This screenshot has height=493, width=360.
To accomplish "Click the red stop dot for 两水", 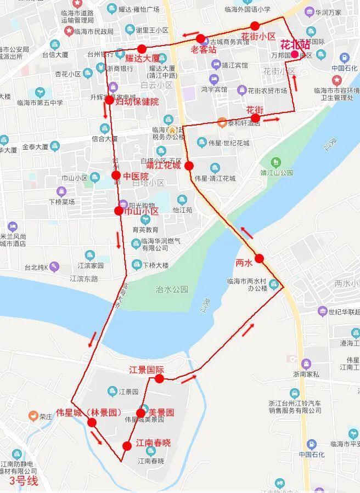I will click(259, 258).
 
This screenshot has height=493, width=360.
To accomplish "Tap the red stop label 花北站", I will click(295, 44).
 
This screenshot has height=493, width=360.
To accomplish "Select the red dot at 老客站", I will click(200, 39).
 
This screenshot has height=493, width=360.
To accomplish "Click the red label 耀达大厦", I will click(142, 58).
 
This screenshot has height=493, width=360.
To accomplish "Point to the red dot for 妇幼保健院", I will click(109, 100).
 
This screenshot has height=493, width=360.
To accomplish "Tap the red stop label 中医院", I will click(136, 177).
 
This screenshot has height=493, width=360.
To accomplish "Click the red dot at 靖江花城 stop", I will click(189, 166).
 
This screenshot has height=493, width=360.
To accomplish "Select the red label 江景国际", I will click(147, 369).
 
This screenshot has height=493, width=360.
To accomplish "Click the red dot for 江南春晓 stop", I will click(127, 445).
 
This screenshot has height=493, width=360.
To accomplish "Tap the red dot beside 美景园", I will click(140, 413).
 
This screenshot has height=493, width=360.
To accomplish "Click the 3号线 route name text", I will click(24, 481).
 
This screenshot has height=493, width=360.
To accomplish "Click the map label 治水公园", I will click(172, 289).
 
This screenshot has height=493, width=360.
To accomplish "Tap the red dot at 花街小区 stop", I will click(255, 25).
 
